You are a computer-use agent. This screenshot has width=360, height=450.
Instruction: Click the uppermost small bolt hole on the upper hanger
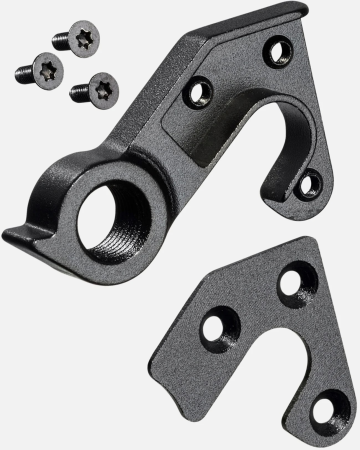point(278,51)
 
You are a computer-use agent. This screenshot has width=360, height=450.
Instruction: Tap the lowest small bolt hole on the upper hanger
point(310,183)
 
